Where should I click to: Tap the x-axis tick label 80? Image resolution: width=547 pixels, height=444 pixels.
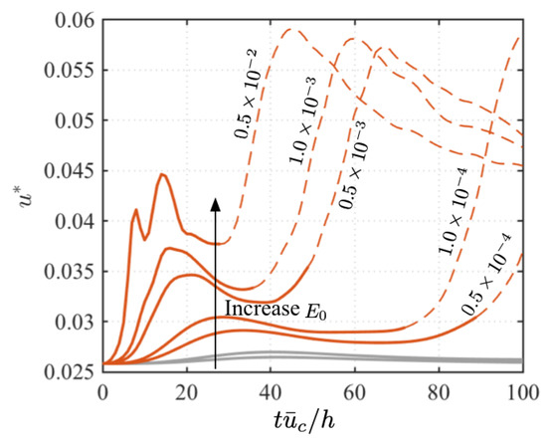(x=439, y=389)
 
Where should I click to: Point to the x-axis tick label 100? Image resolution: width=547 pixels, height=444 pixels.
(x=521, y=389)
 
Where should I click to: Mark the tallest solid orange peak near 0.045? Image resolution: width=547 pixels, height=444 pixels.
(x=160, y=175)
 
